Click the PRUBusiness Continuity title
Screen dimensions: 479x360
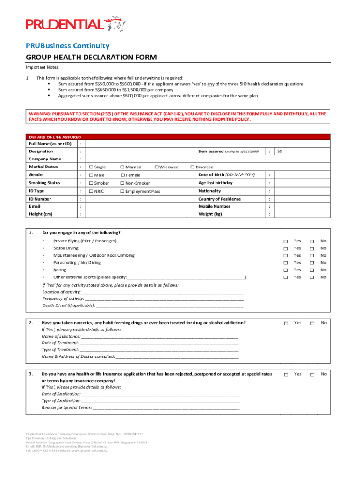[x=67, y=46]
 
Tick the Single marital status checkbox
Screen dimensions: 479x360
[x=91, y=167]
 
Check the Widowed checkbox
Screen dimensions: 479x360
[x=156, y=167]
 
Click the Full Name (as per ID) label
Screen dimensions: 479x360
[x=50, y=144]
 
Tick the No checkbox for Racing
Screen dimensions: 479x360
[x=312, y=270]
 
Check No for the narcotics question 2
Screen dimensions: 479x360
[x=312, y=323]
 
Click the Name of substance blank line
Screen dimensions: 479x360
[x=159, y=336]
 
